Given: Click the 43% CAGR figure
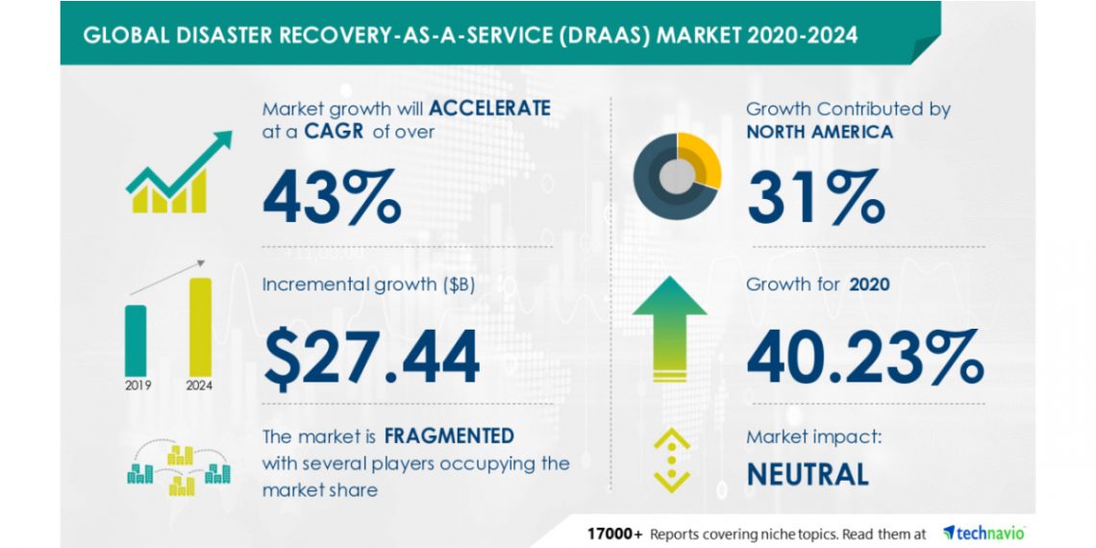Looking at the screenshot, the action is [x=332, y=196].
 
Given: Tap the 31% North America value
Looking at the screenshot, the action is [x=815, y=196].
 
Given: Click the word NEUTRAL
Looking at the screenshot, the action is [x=808, y=475].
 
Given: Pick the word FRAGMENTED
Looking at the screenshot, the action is [x=449, y=436].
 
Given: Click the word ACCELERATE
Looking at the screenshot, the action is [x=489, y=109].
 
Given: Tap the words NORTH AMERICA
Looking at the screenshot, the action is [x=820, y=132].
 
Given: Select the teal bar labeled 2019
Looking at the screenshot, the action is [x=136, y=341].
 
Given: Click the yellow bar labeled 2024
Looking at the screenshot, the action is [x=201, y=327].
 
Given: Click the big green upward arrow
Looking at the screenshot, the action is [x=670, y=329].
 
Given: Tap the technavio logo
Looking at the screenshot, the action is [x=984, y=534].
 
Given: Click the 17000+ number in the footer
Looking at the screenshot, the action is [x=614, y=534].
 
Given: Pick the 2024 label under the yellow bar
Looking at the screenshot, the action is [x=200, y=386].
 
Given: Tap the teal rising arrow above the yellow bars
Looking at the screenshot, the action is [x=180, y=162].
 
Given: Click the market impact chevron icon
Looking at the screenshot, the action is [x=672, y=460].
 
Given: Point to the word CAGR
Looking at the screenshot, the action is [x=337, y=132].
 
